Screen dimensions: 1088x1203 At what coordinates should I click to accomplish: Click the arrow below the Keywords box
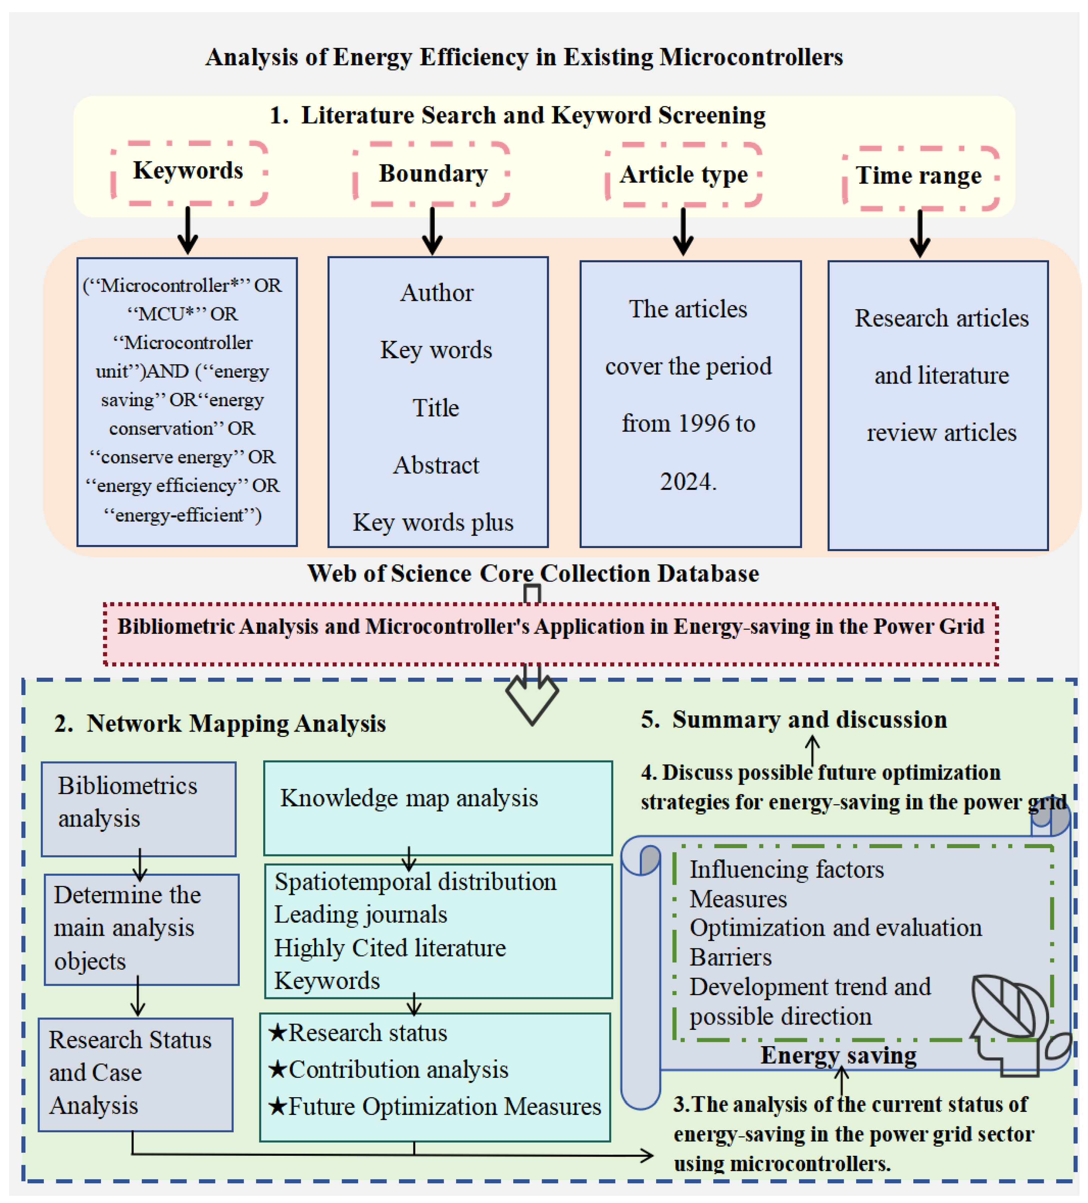point(188,230)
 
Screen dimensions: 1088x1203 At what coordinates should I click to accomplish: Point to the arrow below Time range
point(920,233)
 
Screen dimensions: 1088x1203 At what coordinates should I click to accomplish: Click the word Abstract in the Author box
point(436,465)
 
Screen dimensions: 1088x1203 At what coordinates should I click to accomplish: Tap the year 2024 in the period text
point(687,482)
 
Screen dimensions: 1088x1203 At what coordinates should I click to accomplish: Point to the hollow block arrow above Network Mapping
point(532,694)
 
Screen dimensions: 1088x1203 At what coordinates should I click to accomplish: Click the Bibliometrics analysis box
point(138,809)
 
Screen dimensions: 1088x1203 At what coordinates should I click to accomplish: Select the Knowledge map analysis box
point(438,808)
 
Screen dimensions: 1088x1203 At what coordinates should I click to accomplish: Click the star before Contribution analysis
point(277,1069)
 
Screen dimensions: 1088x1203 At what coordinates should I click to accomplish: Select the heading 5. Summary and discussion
point(794,720)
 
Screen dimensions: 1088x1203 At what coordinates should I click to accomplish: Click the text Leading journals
point(361,915)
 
